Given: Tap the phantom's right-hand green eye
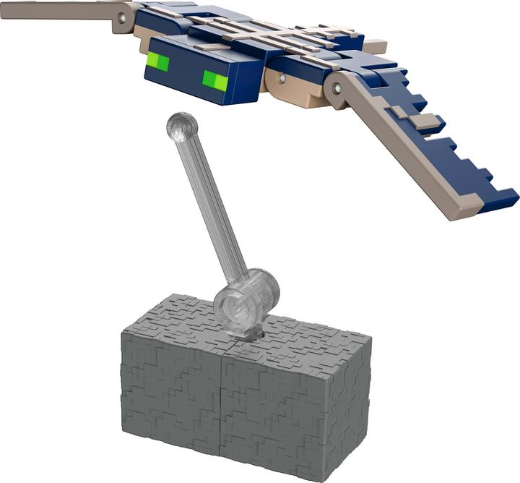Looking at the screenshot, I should [x=214, y=80].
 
